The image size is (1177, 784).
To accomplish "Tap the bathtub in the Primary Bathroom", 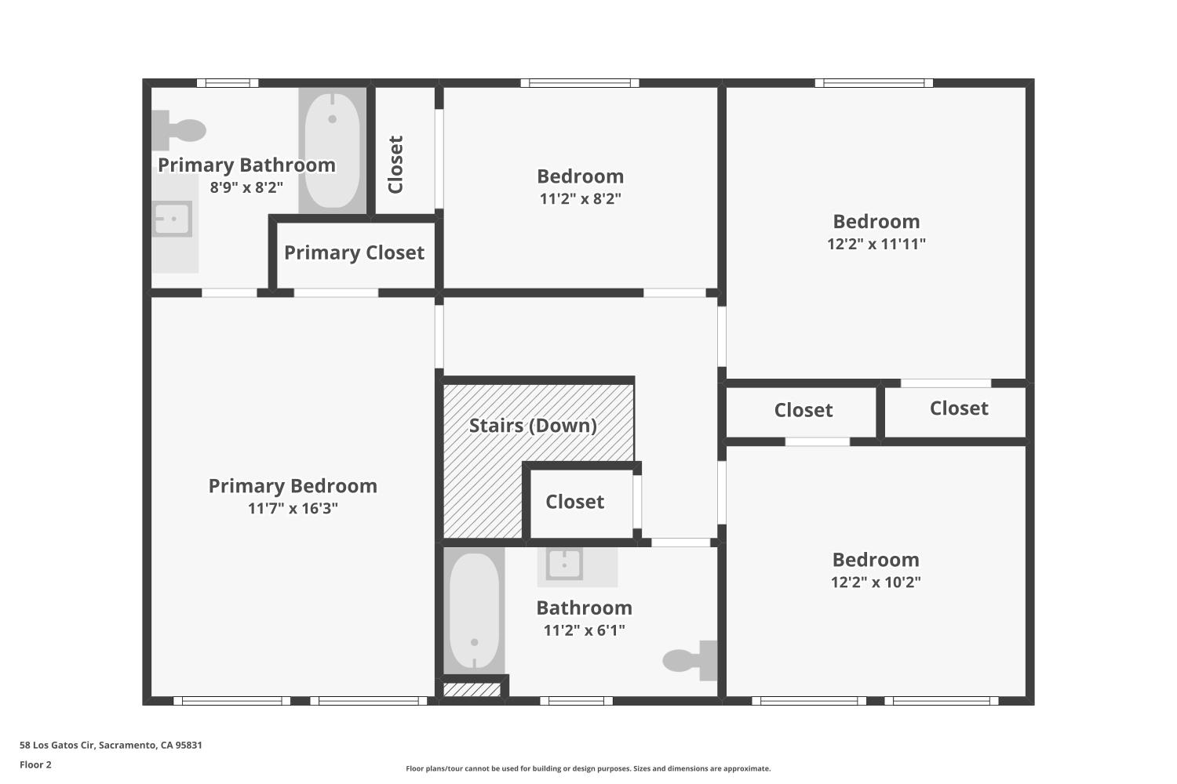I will tap(332, 150).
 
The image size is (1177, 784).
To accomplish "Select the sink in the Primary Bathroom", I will tap(173, 219).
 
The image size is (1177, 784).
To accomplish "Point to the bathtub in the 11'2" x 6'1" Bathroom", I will tap(474, 611).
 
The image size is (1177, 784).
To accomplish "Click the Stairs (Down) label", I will tap(533, 426).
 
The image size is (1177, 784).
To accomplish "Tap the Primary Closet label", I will tap(354, 252).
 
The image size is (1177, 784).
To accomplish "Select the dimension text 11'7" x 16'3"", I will tap(293, 508).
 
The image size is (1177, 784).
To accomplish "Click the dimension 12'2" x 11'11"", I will tap(876, 244).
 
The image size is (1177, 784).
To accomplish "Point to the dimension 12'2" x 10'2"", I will tap(876, 582).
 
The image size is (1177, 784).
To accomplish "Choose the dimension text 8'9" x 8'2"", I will tap(246, 187).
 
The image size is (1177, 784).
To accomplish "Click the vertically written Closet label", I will tap(395, 164).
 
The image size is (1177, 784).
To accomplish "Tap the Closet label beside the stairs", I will tap(574, 502).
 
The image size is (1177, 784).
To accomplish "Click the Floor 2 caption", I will tap(35, 764).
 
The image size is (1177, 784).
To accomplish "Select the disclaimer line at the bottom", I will tap(588, 768).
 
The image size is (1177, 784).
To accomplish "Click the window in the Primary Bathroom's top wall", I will tap(228, 82).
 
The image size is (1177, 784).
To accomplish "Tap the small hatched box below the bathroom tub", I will tap(472, 690).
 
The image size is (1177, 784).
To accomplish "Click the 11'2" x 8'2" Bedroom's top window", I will tap(580, 82).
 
